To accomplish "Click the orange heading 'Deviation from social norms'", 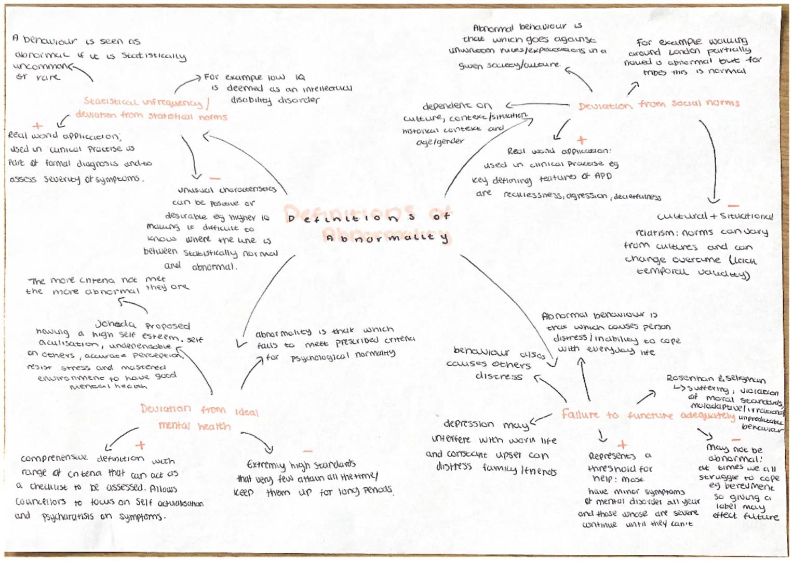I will pos(658,104).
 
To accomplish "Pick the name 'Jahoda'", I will pos(115,324).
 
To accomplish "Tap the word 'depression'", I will pos(468,424).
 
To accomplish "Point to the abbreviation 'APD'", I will pos(603,176).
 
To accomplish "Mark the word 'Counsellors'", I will pos(41,502).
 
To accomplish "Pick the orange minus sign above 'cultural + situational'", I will pos(733,206).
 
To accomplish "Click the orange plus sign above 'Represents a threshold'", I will pos(622,445).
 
